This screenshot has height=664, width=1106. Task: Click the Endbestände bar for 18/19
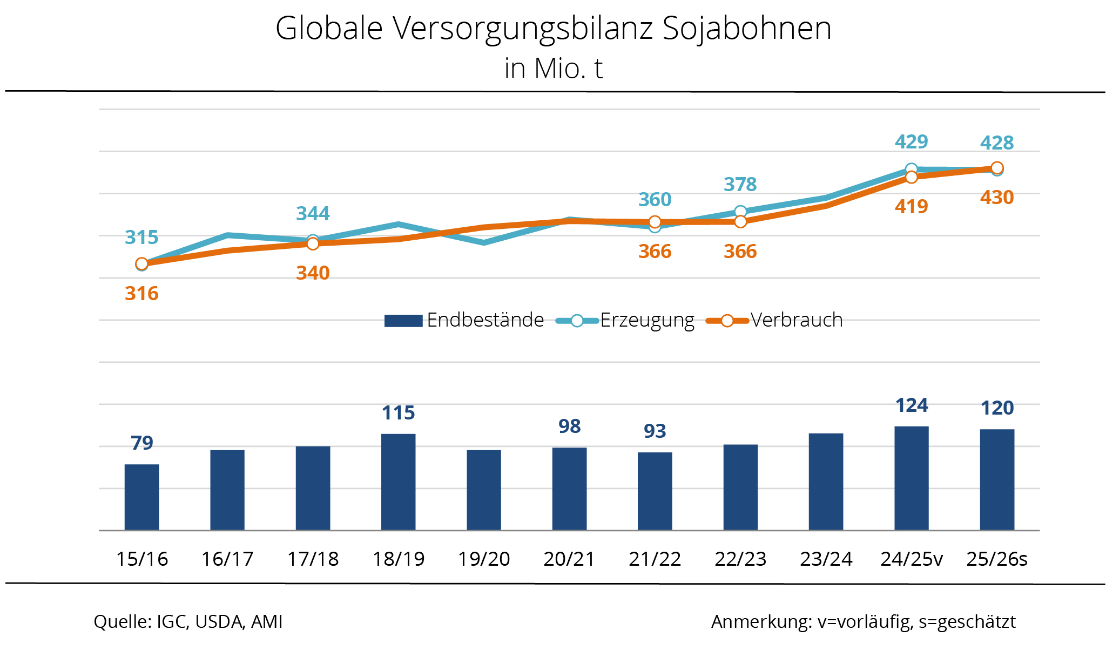click(x=398, y=482)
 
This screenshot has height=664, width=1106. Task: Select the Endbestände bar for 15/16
click(x=141, y=497)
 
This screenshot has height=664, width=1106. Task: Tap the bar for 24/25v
click(x=912, y=478)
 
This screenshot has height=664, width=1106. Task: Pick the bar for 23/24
click(x=826, y=482)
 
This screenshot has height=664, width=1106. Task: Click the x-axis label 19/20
click(x=484, y=559)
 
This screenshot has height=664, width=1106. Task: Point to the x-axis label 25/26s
click(x=997, y=559)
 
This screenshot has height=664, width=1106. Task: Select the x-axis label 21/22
click(x=655, y=559)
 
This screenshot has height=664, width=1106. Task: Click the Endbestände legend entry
click(x=464, y=320)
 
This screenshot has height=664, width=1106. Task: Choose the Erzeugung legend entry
click(x=625, y=320)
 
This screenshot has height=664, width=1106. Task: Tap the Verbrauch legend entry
click(x=775, y=320)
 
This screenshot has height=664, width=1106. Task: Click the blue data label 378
click(x=740, y=185)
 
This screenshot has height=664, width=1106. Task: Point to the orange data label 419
click(x=912, y=207)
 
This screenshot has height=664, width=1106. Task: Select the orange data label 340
click(x=313, y=273)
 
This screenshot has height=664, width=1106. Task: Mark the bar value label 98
click(x=570, y=426)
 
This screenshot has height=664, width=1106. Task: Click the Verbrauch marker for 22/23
click(x=740, y=221)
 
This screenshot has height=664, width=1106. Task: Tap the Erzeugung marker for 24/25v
click(x=912, y=169)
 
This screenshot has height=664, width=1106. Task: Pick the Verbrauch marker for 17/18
click(x=313, y=244)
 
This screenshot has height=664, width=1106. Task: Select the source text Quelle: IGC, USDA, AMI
click(x=188, y=622)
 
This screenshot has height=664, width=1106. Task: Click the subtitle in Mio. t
click(x=553, y=69)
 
